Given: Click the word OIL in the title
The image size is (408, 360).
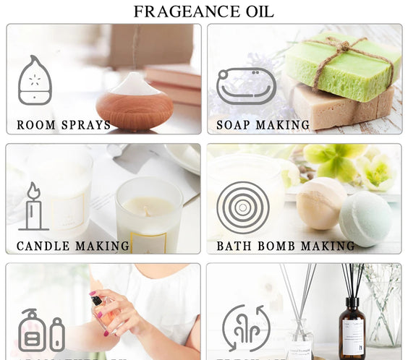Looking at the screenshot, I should tap(257, 12).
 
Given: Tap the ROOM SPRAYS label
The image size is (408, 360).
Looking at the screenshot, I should tap(64, 125).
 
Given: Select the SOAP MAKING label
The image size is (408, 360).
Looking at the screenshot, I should tap(263, 125).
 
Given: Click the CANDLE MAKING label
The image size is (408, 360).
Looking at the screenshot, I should tap(73, 246).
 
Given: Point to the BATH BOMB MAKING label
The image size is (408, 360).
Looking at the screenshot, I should tap(286, 246).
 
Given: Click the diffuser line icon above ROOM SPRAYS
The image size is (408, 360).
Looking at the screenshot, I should tap(35, 80).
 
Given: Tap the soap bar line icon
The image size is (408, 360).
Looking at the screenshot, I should tap(246, 86).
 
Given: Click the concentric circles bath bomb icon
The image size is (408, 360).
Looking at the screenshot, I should tap(243, 207).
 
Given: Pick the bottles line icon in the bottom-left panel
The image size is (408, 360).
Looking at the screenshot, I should tap(41, 331).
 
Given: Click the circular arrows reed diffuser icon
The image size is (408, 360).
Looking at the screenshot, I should tap(246, 330).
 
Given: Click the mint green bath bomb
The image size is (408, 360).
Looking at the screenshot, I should tap(366, 218).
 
